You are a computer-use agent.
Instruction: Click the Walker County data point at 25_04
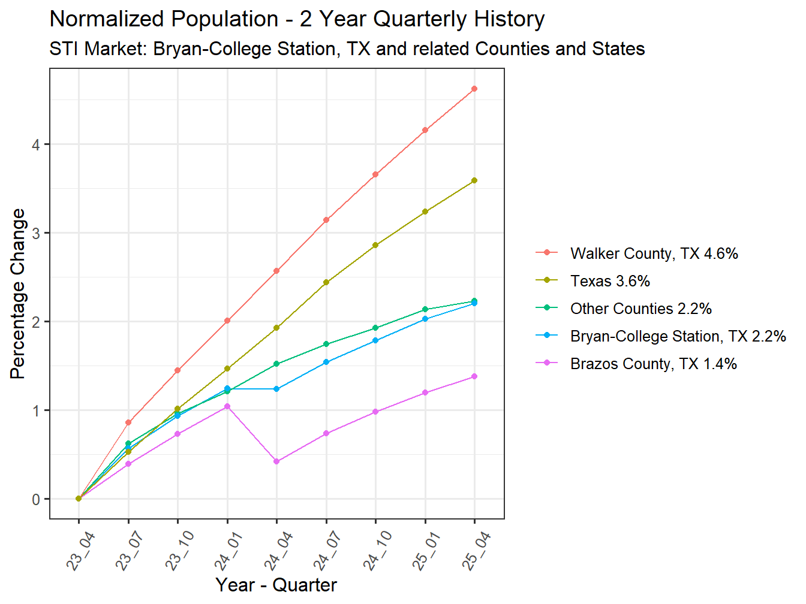(474, 89)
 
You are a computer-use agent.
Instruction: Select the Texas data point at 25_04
(474, 180)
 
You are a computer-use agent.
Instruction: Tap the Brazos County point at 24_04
(276, 461)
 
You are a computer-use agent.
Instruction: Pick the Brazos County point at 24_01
(227, 406)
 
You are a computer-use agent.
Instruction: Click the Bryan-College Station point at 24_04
(276, 389)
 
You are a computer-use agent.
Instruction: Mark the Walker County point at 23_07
(128, 422)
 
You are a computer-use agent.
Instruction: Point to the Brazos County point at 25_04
(474, 376)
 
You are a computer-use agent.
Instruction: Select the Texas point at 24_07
(326, 282)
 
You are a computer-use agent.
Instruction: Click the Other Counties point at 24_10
(375, 328)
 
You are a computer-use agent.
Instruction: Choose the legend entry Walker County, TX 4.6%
(654, 253)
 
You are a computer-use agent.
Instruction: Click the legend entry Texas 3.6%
(610, 281)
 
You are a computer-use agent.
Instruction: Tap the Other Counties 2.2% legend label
(640, 309)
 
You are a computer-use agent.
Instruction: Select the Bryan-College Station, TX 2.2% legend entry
(678, 336)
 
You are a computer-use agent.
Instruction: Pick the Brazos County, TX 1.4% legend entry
(653, 364)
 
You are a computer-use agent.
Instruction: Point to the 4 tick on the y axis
(37, 145)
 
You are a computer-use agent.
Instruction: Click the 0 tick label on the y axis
(37, 499)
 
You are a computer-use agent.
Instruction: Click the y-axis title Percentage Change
(18, 294)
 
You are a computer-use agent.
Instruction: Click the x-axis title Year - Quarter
(276, 585)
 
